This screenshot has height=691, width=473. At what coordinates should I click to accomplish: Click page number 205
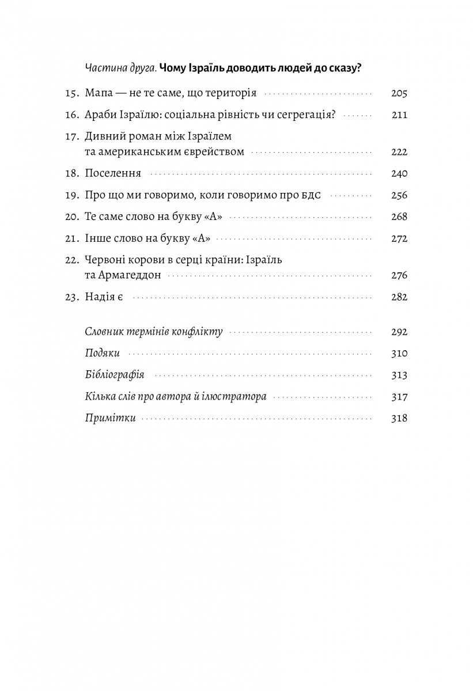(399, 93)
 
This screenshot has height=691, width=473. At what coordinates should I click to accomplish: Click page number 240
(399, 173)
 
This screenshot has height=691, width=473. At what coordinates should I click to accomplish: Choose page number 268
(399, 217)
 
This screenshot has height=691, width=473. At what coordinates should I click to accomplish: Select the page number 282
(399, 297)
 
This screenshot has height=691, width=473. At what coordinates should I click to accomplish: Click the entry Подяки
(102, 354)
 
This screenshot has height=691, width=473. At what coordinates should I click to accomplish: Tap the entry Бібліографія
(114, 375)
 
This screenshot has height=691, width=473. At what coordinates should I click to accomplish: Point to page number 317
(399, 397)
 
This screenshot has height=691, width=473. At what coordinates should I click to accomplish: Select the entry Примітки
(110, 419)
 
